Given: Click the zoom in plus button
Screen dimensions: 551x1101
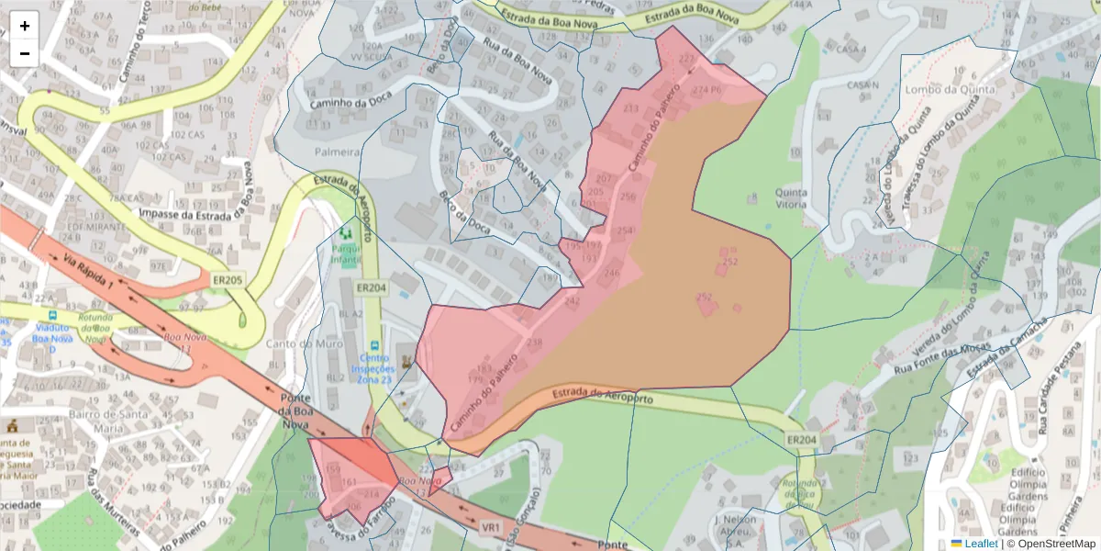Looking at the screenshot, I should click(x=25, y=26).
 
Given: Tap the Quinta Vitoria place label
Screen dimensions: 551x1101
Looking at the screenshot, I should click(x=791, y=198).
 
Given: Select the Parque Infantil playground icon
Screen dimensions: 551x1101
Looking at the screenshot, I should click(x=346, y=235).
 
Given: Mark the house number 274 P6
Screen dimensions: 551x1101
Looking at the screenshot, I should click(x=707, y=90).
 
